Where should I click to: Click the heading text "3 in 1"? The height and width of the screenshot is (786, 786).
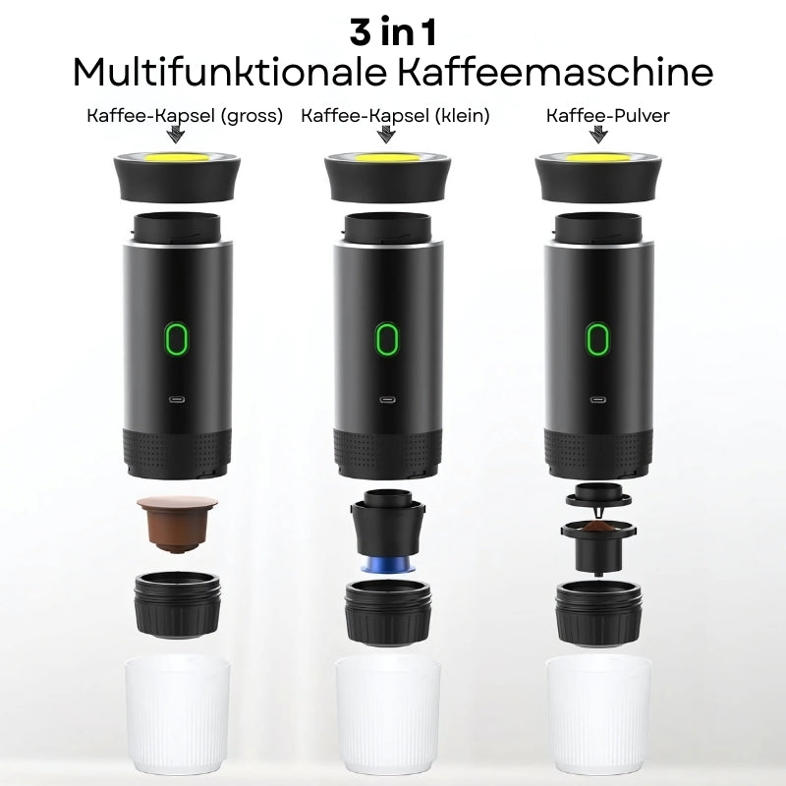(x=393, y=31)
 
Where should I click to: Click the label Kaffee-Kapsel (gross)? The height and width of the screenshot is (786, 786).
(x=185, y=116)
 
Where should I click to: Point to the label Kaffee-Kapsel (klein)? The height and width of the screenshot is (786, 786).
(x=395, y=116)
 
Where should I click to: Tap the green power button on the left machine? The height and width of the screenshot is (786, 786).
(x=177, y=340)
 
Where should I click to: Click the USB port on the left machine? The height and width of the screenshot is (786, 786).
(x=177, y=401)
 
